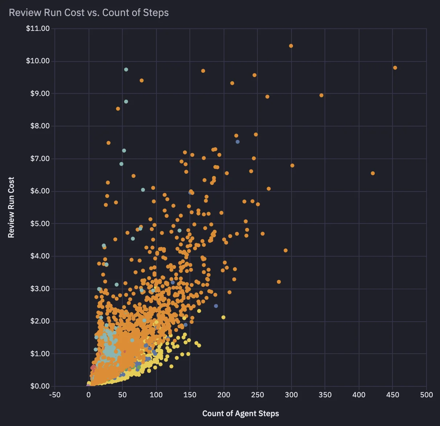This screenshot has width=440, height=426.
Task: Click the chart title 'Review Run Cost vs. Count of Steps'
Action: pos(89,13)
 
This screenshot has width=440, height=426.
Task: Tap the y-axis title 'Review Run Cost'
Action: pos(11,208)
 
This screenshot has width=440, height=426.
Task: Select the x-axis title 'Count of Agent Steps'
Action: pos(241,413)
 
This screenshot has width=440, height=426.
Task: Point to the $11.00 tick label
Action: pos(38,28)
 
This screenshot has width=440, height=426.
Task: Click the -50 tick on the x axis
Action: pos(55,395)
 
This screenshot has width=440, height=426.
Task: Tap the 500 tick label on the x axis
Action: pos(427,395)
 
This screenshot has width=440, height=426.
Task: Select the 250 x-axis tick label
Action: pos(257,395)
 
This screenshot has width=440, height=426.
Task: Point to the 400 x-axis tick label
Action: pos(359,395)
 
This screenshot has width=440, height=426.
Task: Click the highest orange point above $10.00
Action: pos(291,46)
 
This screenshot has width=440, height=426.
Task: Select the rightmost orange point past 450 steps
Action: pos(395,68)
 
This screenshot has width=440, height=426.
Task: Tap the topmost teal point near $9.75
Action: pos(126,69)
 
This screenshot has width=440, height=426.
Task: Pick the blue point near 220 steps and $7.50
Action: pos(237,142)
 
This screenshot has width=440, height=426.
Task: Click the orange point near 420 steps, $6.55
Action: pos(372,173)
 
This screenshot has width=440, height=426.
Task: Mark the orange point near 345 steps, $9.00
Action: pos(321,95)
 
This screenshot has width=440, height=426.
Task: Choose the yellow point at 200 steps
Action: pos(223,317)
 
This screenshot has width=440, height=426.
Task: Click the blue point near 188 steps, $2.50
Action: pos(216,306)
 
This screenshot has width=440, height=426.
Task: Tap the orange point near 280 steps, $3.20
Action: pos(279,282)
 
